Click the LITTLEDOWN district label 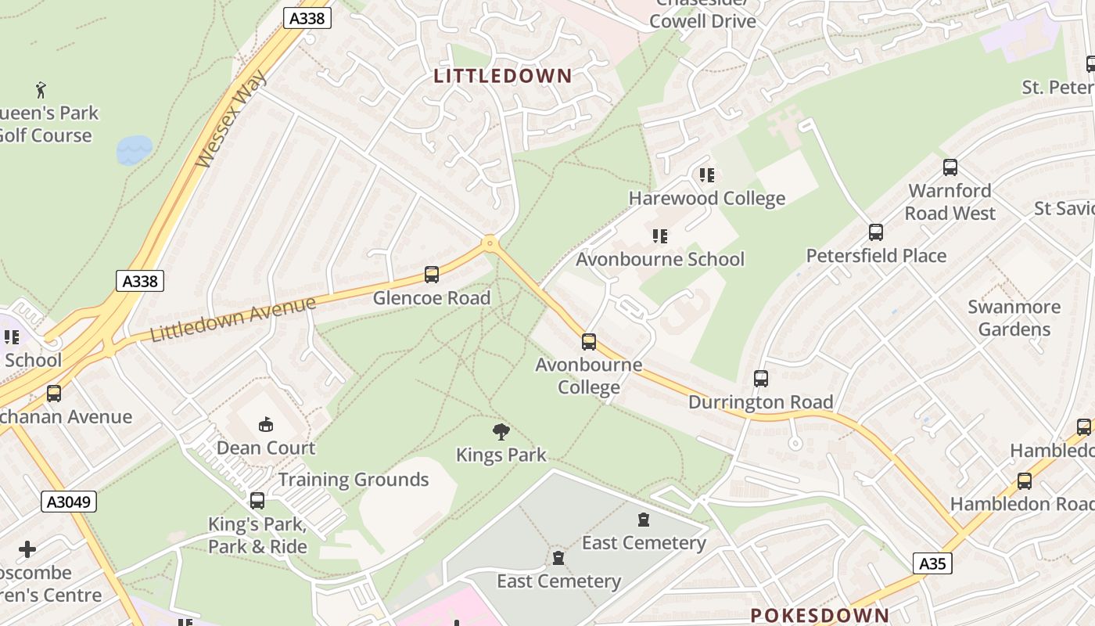503,76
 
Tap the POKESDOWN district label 820,615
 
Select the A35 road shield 932,563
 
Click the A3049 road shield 69,502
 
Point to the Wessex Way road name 232,120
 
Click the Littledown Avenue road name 233,319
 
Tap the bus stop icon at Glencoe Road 432,275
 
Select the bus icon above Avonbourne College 589,342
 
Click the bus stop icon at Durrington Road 761,379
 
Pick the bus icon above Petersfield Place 876,232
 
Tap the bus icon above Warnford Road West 950,167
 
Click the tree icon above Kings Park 501,432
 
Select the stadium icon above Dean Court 266,425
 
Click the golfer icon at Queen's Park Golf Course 41,90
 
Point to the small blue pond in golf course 135,150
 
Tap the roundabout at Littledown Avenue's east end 490,244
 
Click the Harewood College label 707,198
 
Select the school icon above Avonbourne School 660,236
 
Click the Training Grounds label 354,480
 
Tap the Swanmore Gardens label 1014,318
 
